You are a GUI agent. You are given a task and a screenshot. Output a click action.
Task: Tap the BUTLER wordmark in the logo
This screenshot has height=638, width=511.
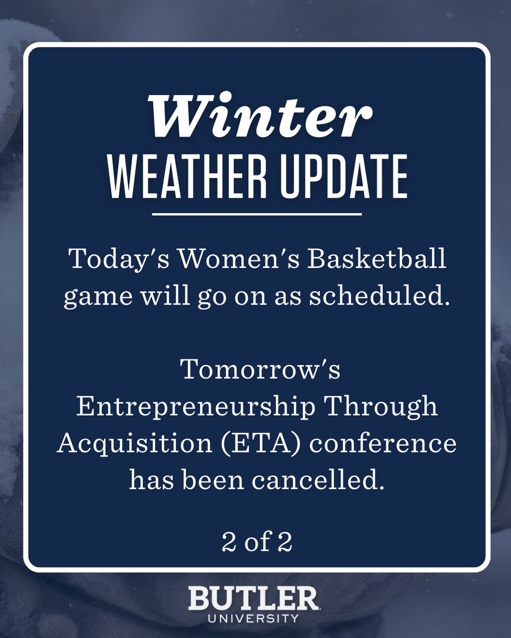tap(253, 600)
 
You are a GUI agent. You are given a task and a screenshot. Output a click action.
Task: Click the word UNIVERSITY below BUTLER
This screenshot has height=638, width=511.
tap(253, 618)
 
